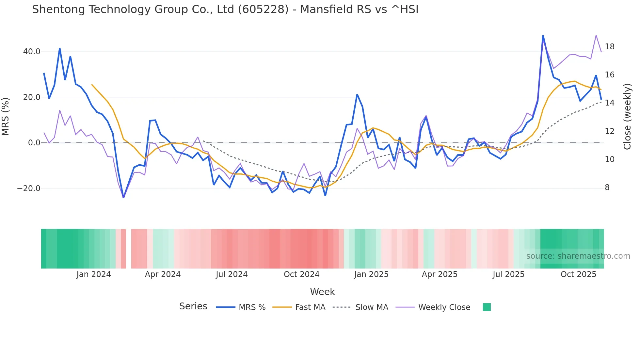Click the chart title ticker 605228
pyautogui.click(x=263, y=9)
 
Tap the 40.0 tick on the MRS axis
pyautogui.click(x=32, y=52)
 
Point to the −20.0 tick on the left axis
pyautogui.click(x=29, y=188)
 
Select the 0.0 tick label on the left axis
pyautogui.click(x=34, y=143)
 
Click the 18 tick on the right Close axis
pyautogui.click(x=609, y=47)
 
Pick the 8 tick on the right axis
pyautogui.click(x=607, y=188)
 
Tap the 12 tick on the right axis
pyautogui.click(x=609, y=131)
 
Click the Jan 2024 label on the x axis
pyautogui.click(x=94, y=274)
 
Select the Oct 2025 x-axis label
pyautogui.click(x=578, y=274)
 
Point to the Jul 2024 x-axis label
pyautogui.click(x=232, y=274)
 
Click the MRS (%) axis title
pyautogui.click(x=6, y=117)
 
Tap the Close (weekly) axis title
pyautogui.click(x=627, y=117)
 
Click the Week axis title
pyautogui.click(x=322, y=292)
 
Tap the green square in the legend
pyautogui.click(x=487, y=307)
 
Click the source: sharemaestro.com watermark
pyautogui.click(x=578, y=256)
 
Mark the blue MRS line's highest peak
pyautogui.click(x=543, y=35)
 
